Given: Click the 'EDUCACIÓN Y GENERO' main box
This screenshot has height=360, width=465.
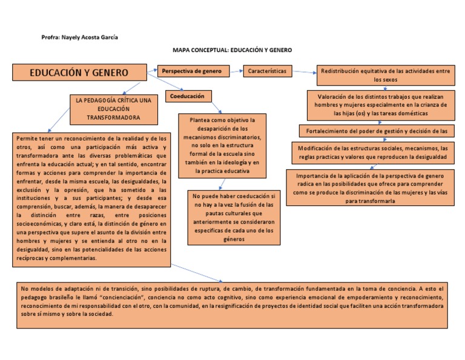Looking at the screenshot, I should (x=79, y=73).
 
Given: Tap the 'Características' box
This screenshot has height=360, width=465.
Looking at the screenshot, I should (x=268, y=72).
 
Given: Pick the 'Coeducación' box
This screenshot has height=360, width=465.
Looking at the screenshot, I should (x=188, y=96).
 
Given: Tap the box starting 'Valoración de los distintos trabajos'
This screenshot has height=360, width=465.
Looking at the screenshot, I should (x=381, y=104).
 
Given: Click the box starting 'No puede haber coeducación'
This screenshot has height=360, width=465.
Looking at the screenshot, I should (x=233, y=218).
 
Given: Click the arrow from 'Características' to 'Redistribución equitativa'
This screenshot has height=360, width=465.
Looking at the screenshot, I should (x=305, y=73).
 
